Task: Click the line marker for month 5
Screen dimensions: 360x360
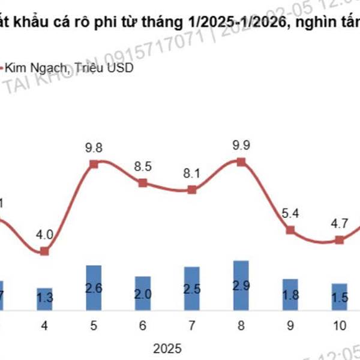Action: pyautogui.click(x=94, y=164)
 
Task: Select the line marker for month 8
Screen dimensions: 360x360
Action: pyautogui.click(x=241, y=161)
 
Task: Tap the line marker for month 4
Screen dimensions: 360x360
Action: pyautogui.click(x=44, y=251)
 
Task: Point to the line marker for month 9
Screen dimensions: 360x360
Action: pyautogui.click(x=290, y=230)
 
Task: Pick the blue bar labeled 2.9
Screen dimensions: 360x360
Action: pyautogui.click(x=241, y=286)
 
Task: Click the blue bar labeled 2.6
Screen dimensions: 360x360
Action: pyautogui.click(x=94, y=288)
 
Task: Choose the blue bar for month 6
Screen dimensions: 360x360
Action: pyautogui.click(x=143, y=293)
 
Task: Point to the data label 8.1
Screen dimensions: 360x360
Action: pyautogui.click(x=192, y=173)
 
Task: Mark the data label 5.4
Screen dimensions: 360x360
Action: pyautogui.click(x=290, y=212)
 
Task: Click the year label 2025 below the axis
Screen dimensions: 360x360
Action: pyautogui.click(x=167, y=347)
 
